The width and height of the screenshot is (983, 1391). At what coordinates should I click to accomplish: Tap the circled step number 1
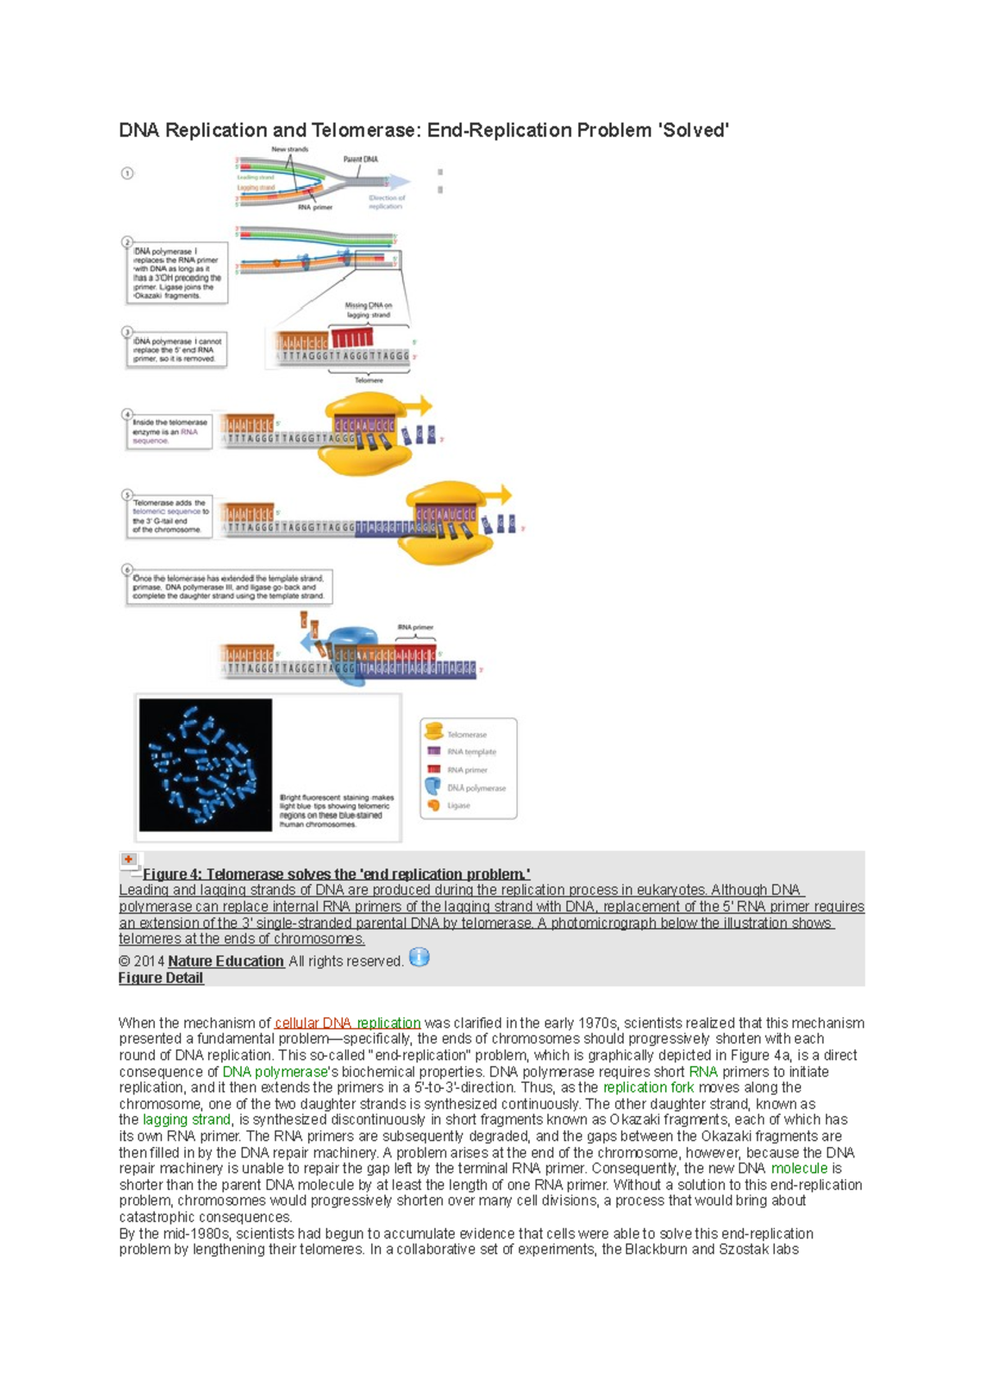tap(127, 174)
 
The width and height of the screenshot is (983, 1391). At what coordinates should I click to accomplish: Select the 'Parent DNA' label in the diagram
tap(360, 159)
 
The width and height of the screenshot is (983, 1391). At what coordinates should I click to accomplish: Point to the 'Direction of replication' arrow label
tap(387, 202)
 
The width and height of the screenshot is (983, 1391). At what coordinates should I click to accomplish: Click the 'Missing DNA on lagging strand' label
tap(368, 310)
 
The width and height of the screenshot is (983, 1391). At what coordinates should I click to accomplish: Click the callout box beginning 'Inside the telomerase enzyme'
tap(169, 432)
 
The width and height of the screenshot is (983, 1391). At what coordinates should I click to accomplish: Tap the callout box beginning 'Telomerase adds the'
tap(170, 516)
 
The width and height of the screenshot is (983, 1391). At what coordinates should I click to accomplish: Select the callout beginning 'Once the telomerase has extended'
tap(229, 587)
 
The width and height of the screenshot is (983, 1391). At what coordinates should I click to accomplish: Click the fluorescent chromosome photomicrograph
tap(206, 765)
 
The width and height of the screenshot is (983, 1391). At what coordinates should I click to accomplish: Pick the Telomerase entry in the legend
tap(466, 734)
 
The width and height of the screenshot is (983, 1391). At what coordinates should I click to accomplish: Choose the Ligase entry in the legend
tap(458, 805)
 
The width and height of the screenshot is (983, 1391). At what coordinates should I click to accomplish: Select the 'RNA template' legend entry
tap(471, 751)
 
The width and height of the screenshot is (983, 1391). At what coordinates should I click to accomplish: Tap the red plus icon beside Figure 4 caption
tap(129, 859)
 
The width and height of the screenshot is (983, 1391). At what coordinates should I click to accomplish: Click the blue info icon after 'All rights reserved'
tap(419, 958)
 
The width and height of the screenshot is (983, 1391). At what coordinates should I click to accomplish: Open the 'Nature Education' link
tap(226, 961)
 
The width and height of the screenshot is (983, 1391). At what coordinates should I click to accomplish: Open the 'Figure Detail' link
tap(161, 978)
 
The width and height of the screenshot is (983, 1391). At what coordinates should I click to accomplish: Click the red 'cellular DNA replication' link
tap(347, 1022)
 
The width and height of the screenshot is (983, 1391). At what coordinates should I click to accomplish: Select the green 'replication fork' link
tap(648, 1087)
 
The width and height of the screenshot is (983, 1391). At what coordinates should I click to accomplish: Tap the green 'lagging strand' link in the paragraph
tap(187, 1120)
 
